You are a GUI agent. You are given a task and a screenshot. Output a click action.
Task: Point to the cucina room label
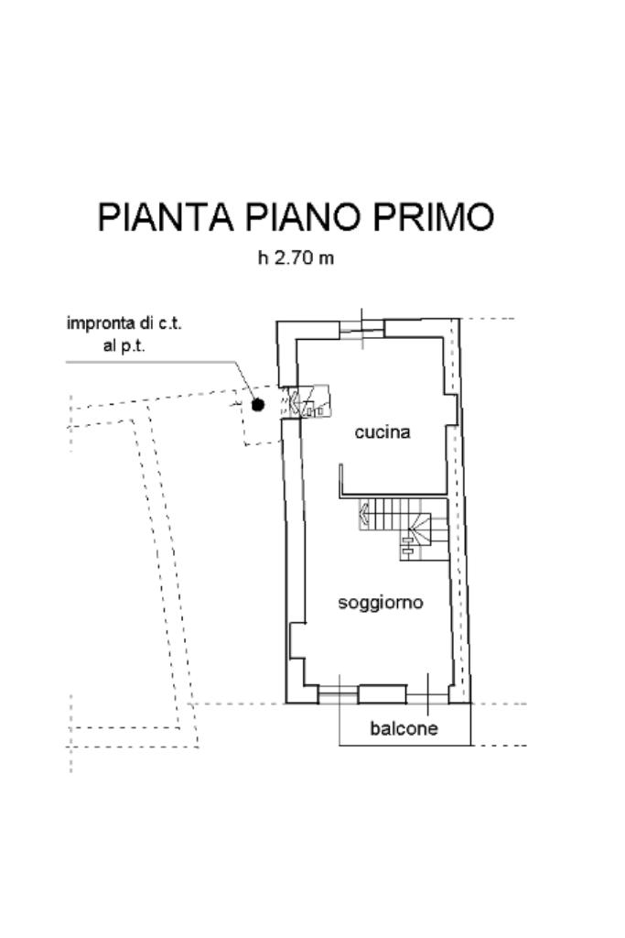(382, 432)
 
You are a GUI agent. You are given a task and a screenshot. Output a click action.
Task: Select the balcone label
(404, 729)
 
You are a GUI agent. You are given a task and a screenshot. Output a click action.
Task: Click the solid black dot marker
(258, 404)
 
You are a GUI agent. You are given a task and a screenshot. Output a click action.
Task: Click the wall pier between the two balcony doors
(382, 694)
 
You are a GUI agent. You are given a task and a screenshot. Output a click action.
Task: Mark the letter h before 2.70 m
(263, 258)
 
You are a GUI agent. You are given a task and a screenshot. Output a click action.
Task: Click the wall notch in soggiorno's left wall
(296, 640)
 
